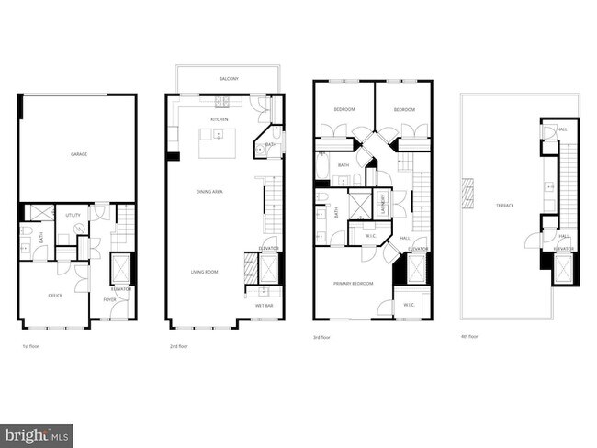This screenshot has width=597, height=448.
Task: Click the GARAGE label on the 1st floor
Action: pos(79,154)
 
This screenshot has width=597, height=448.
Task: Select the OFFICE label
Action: pos(54,296)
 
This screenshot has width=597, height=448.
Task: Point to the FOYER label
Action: pos(109,299)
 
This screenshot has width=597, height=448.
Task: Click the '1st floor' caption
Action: pos(30,347)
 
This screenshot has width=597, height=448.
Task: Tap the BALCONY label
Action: pos(229,80)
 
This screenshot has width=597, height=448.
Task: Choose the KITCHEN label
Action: pos(220,119)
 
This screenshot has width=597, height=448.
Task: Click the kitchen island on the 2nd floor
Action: pos(219,143)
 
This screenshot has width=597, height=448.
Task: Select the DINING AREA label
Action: pos(209,191)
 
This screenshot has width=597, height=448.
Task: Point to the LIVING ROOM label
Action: pos(204,273)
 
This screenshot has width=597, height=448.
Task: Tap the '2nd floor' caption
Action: pos(178,347)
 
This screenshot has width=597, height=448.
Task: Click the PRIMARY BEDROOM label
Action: pos(354,284)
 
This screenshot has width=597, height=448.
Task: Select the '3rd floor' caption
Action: pos(322,338)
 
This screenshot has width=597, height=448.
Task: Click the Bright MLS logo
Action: pos(37,432)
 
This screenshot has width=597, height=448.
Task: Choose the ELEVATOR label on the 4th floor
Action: pos(564,249)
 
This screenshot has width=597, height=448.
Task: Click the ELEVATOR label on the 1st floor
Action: pos(121,289)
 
